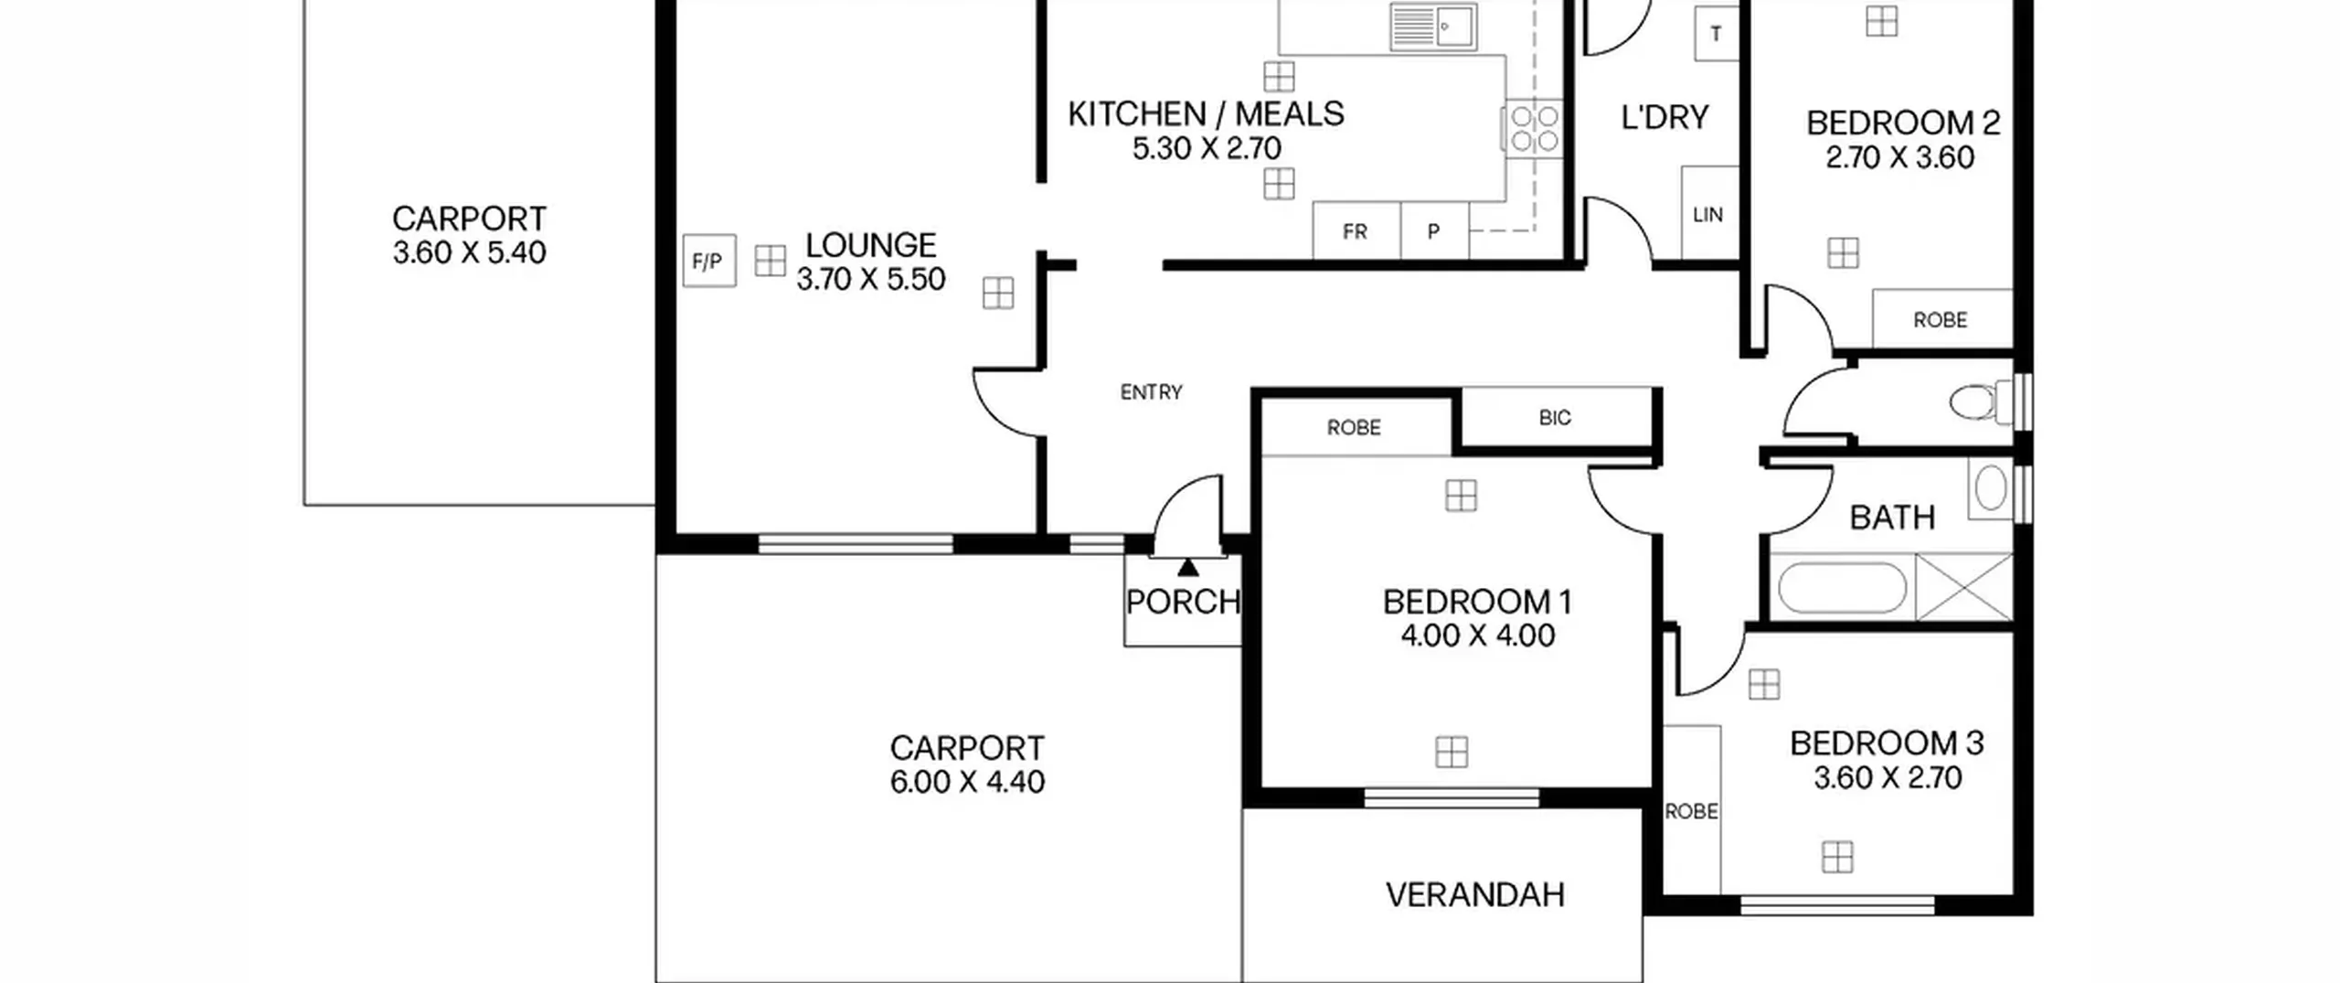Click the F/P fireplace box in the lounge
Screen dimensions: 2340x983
708,262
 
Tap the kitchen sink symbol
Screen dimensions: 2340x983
1432,26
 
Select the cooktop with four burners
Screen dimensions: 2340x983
1532,128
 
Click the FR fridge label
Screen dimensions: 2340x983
1355,232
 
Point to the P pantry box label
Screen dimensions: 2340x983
1433,232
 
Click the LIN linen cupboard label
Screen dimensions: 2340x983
1707,215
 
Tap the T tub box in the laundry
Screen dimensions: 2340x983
1716,34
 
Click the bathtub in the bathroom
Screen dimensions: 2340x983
1842,587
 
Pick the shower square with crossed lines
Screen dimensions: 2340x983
1964,586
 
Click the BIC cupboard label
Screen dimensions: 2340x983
1554,418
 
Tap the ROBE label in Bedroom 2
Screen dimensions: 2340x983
1940,320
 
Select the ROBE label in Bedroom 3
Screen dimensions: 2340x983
1691,811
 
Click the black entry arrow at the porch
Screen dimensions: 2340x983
1187,567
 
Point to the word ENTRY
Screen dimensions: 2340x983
1151,392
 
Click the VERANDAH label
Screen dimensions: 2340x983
1474,894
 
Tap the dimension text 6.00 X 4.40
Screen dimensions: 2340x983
967,782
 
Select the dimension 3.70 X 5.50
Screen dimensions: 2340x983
870,279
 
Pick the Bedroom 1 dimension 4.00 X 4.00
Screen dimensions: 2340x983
1477,636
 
